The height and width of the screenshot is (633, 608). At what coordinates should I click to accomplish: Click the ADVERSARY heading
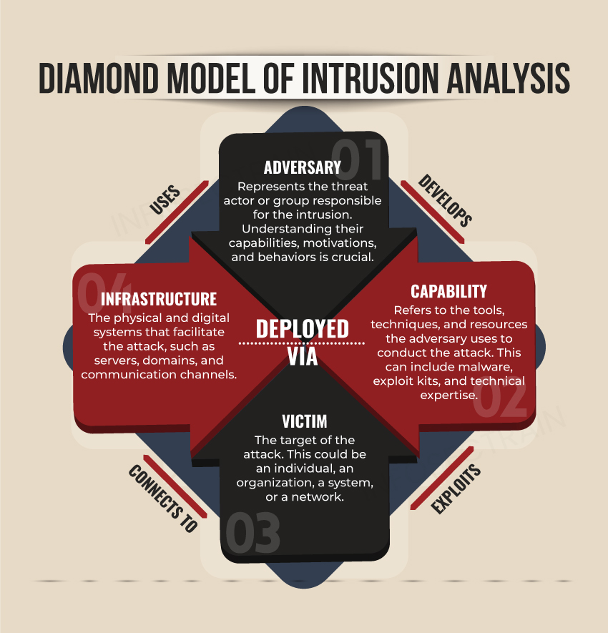pos(303,167)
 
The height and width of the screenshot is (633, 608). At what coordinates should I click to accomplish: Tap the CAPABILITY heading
pos(448,291)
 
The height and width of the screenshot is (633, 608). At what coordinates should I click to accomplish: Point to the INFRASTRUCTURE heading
pos(159,298)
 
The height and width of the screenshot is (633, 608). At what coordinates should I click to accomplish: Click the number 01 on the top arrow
pos(358,154)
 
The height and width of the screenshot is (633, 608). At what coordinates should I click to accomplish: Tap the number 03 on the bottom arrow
pos(252,534)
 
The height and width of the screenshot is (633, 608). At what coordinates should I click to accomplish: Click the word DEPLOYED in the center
pos(303,328)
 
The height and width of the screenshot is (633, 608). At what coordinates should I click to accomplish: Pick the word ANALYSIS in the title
pos(513,78)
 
